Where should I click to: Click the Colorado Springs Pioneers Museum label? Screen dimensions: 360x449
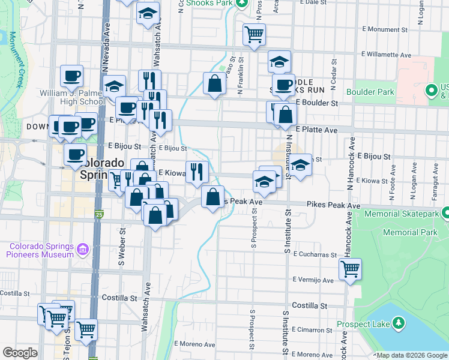coord(40,250)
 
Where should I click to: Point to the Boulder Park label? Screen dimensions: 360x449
coord(370,92)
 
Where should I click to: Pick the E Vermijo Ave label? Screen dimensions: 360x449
coord(313,280)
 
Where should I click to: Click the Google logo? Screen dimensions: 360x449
coord(20,353)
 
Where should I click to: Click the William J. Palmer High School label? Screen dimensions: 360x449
coord(72,97)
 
